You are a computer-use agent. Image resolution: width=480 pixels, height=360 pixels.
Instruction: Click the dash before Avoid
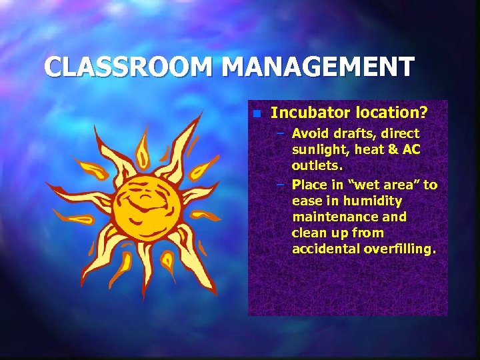(281, 134)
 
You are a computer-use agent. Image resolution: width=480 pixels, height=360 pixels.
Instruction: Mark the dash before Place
(281, 185)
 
